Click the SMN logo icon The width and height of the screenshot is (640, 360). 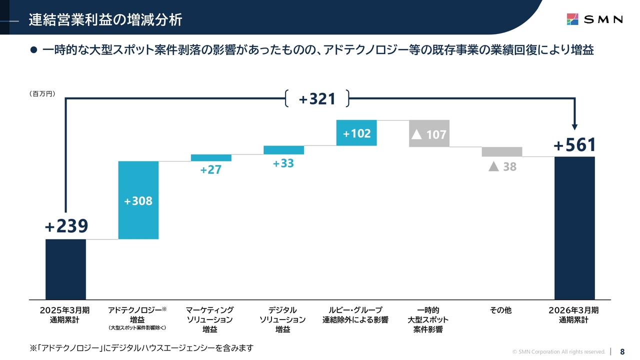click(x=572, y=19)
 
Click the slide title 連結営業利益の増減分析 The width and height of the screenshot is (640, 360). click(x=105, y=20)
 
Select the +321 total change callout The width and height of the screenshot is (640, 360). click(x=317, y=99)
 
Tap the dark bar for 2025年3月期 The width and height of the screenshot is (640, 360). click(x=65, y=269)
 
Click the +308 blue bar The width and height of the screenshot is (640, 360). click(x=138, y=200)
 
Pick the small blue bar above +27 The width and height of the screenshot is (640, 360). click(x=211, y=157)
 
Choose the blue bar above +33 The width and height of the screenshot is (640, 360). click(x=283, y=150)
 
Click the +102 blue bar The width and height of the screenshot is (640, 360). click(x=356, y=133)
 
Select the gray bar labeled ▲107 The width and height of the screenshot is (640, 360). click(x=429, y=133)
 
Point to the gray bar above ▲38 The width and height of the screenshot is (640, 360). click(x=502, y=151)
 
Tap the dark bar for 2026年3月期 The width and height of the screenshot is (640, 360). click(x=574, y=228)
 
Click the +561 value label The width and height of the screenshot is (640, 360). click(x=574, y=145)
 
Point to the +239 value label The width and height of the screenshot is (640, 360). click(x=66, y=226)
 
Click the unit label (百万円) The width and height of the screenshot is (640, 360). click(x=42, y=93)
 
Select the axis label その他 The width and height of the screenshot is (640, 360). click(x=500, y=310)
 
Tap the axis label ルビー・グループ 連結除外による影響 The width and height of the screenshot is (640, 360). click(x=355, y=315)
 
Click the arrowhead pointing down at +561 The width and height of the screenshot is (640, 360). click(x=575, y=127)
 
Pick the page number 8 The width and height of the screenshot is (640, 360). click(x=622, y=351)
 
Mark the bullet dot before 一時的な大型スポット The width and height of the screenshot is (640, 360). click(x=33, y=50)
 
